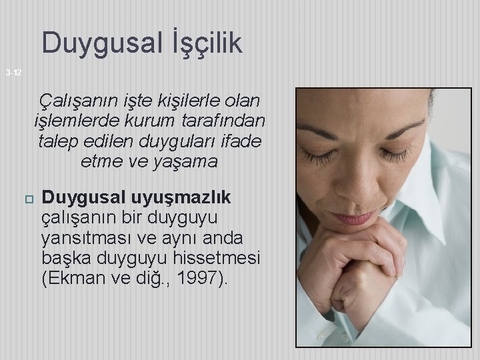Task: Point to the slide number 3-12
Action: pyautogui.click(x=13, y=72)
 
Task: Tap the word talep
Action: pyautogui.click(x=59, y=141)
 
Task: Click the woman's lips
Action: pyautogui.click(x=354, y=217)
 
